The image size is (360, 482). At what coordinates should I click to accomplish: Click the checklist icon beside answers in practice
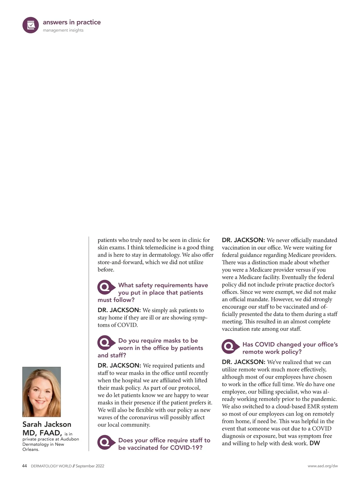click(31, 25)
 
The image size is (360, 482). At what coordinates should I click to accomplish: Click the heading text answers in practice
click(72, 22)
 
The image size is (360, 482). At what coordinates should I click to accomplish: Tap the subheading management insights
click(63, 30)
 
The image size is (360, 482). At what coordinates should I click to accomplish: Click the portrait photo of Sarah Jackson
click(41, 392)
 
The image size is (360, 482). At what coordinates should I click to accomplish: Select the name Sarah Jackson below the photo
click(47, 424)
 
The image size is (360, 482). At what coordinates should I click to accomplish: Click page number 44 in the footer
click(25, 466)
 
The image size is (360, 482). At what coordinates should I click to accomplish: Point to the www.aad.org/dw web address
click(322, 466)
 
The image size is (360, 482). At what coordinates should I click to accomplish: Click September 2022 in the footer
click(90, 466)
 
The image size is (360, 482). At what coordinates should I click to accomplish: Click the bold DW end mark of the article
click(315, 443)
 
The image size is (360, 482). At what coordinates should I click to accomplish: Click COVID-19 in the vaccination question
click(186, 447)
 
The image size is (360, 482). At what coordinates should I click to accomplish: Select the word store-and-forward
click(120, 262)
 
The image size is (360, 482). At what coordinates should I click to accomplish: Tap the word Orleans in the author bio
click(31, 449)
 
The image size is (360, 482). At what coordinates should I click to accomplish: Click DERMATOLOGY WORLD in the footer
click(51, 466)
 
